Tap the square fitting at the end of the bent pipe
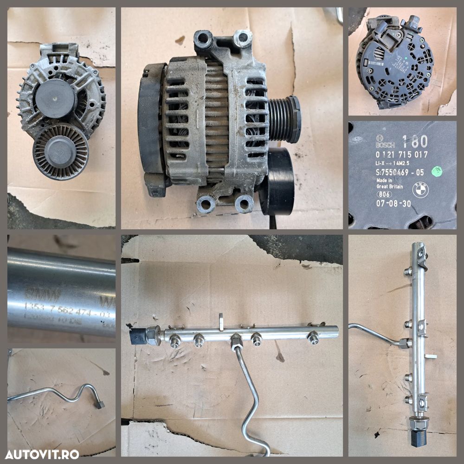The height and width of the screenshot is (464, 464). (99, 405)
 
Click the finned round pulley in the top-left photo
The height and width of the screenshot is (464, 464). (60, 152)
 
